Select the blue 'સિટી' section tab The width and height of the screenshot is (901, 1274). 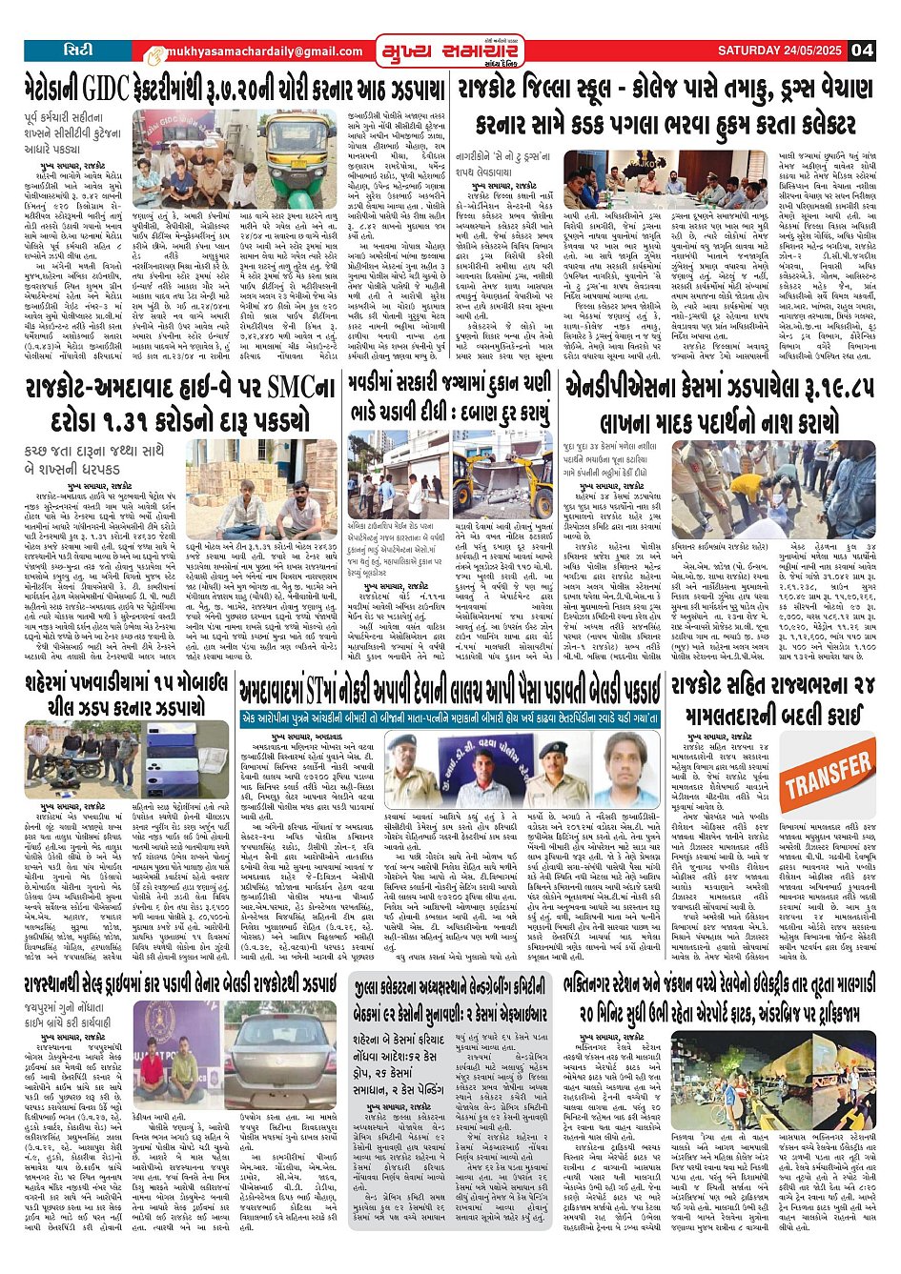pos(77,50)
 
